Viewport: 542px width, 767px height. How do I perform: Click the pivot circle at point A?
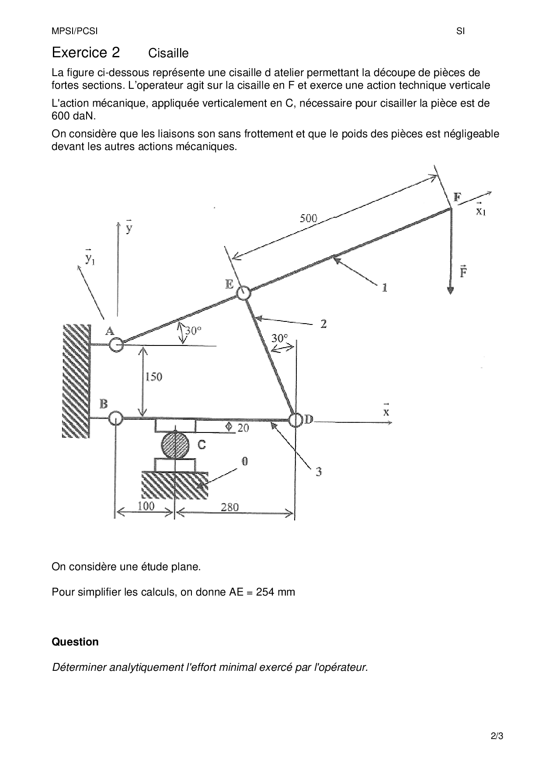click(116, 345)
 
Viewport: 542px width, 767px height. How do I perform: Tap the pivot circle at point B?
click(115, 418)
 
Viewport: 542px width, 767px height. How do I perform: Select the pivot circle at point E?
click(243, 293)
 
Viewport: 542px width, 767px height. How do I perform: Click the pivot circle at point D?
click(295, 420)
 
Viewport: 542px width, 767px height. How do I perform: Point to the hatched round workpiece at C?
click(175, 446)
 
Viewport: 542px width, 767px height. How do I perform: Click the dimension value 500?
click(308, 218)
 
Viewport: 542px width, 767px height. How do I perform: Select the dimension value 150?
click(153, 377)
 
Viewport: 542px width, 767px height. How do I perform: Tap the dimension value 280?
click(229, 507)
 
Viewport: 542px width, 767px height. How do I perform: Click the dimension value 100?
click(146, 506)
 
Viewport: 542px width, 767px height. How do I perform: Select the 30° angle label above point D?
click(280, 338)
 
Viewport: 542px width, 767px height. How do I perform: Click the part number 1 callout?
click(385, 288)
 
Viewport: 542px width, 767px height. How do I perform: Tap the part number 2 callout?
click(323, 324)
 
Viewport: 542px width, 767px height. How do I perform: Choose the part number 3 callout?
click(319, 471)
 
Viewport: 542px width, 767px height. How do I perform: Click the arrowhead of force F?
click(451, 290)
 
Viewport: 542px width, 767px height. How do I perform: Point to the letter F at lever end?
click(457, 197)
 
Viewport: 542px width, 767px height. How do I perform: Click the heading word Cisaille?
click(168, 53)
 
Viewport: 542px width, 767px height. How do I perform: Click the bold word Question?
click(75, 642)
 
